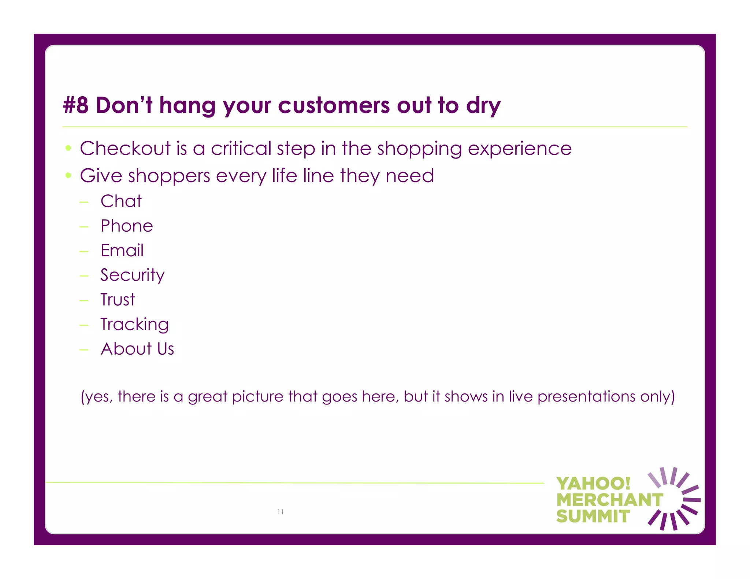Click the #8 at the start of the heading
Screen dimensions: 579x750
[x=76, y=105]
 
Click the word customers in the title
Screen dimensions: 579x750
[x=334, y=105]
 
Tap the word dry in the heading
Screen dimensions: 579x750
[x=483, y=106]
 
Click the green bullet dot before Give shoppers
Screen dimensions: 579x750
[x=68, y=175]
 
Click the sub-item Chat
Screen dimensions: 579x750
[x=121, y=201]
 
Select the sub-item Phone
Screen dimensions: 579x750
[x=127, y=226]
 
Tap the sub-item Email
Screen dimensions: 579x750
[x=122, y=250]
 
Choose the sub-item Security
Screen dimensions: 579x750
[x=132, y=275]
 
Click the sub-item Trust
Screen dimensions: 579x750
[x=118, y=299]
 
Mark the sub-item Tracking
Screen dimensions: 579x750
[x=134, y=325]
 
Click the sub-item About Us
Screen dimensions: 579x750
[x=137, y=349]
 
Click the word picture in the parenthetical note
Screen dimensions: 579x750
[x=257, y=397]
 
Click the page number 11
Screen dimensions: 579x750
[x=281, y=512]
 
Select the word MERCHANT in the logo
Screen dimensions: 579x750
[x=609, y=500]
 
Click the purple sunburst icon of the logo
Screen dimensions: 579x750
[x=673, y=498]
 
